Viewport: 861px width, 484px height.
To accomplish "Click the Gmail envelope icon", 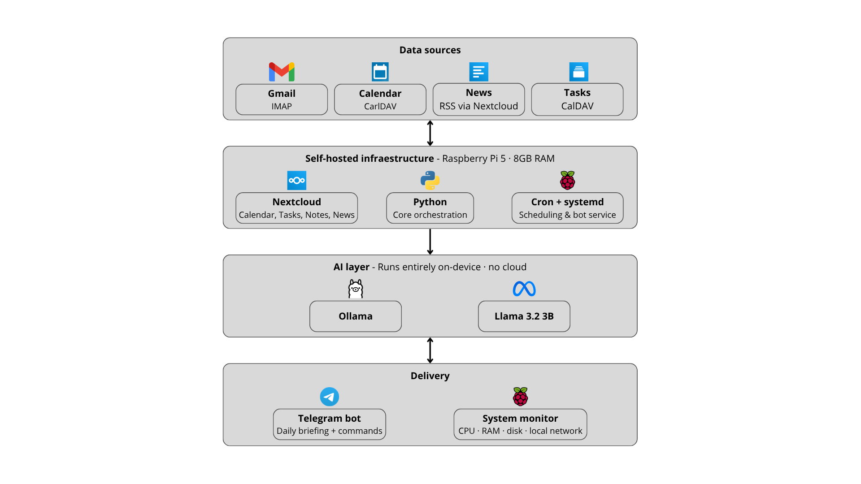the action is tap(282, 72).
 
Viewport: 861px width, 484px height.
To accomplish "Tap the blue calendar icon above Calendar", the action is tap(380, 72).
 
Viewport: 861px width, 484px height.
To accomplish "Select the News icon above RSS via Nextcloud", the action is tap(478, 72).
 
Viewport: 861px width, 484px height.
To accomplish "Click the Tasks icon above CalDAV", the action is tap(578, 72).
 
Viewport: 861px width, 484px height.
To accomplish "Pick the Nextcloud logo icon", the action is tap(296, 180).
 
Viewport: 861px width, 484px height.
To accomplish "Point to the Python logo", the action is tap(430, 180).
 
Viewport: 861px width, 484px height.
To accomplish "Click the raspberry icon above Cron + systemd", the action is tap(567, 180).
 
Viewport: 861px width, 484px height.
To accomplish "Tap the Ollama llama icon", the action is tap(356, 289).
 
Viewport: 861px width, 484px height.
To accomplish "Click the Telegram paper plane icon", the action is tap(329, 397).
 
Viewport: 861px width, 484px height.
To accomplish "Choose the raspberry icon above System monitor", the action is tap(520, 397).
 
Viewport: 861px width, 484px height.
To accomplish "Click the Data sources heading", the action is tap(430, 50).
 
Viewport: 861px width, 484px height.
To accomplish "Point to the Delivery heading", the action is tap(430, 376).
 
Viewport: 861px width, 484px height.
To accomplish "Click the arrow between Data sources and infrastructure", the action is tap(430, 133).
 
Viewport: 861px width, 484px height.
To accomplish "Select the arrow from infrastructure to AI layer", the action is tap(430, 242).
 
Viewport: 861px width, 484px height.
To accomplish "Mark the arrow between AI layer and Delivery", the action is tap(430, 350).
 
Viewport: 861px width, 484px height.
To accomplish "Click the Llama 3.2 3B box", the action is tap(524, 316).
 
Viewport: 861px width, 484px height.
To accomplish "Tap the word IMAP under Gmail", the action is tap(282, 107).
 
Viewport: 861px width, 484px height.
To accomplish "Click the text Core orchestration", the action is tap(430, 215).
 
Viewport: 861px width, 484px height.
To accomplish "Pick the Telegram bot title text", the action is tap(329, 419).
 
